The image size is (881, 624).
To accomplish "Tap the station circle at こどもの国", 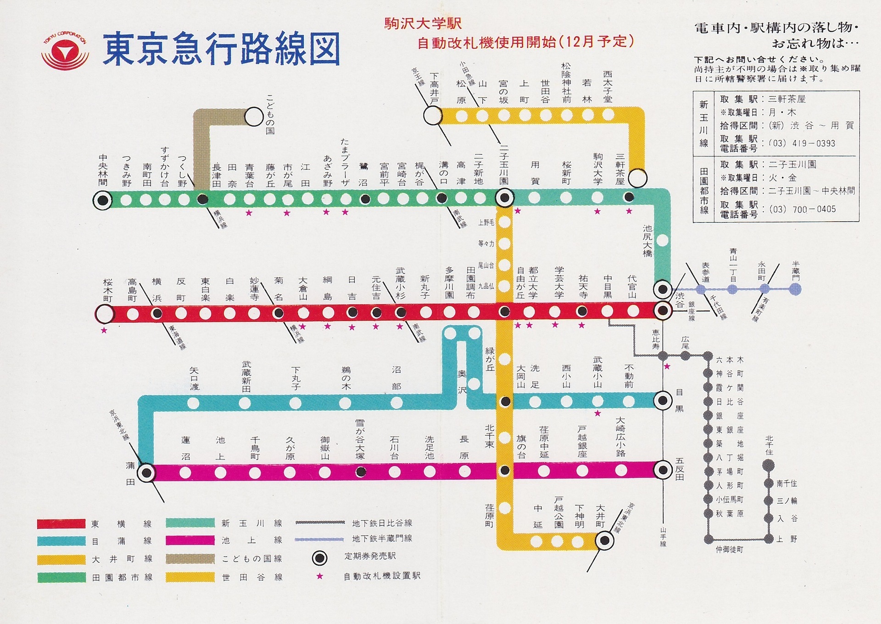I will click(x=254, y=117).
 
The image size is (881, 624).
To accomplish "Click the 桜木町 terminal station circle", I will click(x=104, y=315).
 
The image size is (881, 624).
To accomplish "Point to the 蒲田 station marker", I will click(x=146, y=472).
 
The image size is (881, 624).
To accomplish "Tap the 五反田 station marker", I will click(x=663, y=470).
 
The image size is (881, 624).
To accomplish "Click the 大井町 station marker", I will click(x=604, y=540).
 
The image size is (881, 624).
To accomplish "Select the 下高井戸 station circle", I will click(x=432, y=116).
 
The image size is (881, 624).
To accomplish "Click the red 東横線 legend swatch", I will click(x=61, y=523).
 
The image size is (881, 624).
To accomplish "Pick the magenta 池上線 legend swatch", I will click(x=190, y=540).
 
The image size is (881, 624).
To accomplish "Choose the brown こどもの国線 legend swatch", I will click(x=190, y=559).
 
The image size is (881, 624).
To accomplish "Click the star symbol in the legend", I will click(x=319, y=576).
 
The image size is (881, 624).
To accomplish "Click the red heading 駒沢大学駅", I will click(x=423, y=24).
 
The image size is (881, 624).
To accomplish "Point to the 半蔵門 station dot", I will click(x=796, y=289).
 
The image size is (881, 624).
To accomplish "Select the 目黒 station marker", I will click(x=662, y=400).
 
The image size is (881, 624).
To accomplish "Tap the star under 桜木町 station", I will click(x=104, y=330).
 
